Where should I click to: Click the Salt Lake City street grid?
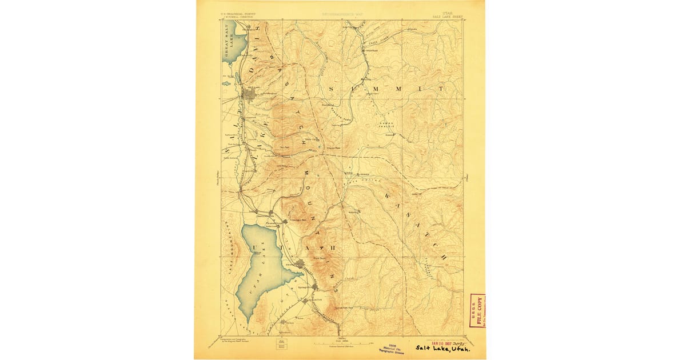point(250,94)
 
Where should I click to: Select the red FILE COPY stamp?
point(477,311)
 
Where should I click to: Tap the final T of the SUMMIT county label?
point(441,90)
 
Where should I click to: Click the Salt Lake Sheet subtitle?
point(449,17)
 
